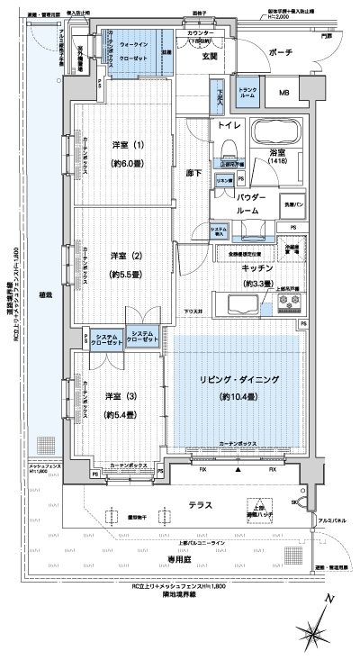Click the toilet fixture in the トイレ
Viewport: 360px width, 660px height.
227,144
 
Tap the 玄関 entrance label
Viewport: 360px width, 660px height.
209,58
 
